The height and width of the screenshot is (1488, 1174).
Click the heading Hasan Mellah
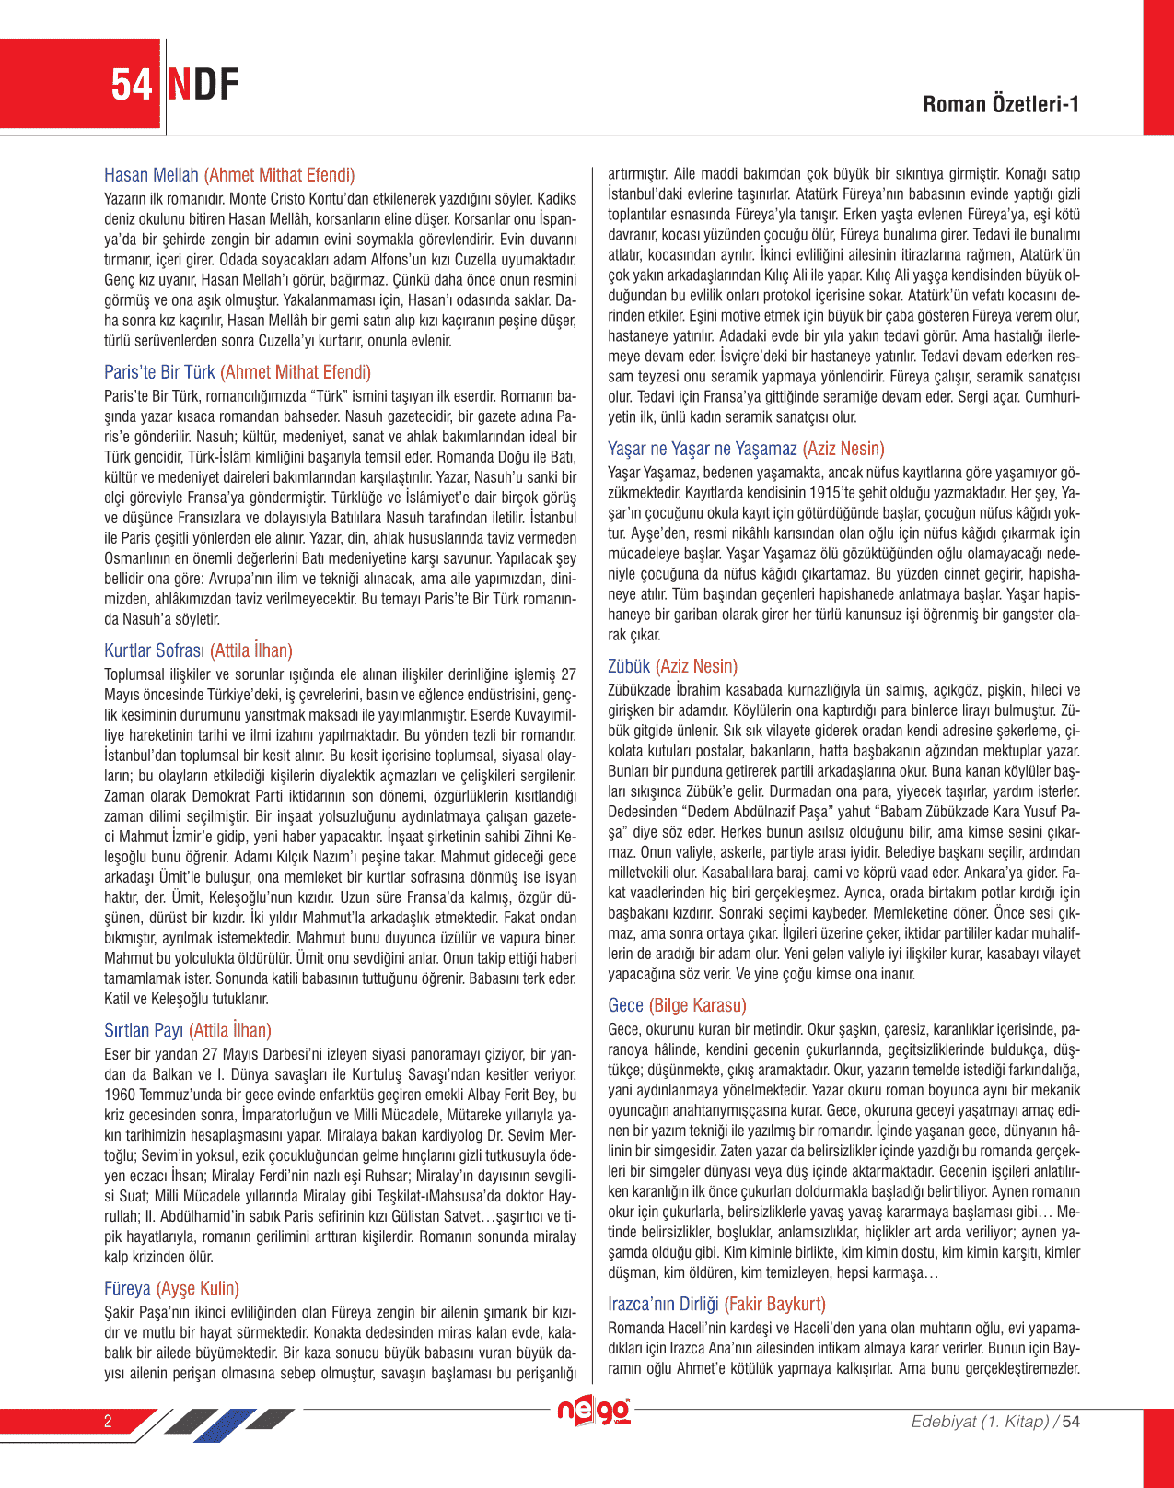151,175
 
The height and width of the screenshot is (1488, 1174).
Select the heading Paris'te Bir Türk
159,372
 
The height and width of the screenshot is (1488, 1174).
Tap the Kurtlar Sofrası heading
155,650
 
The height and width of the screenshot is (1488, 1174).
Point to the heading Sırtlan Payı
144,1030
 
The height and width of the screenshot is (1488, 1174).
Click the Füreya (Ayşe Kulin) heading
171,1288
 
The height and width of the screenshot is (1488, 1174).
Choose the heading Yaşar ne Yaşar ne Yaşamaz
702,449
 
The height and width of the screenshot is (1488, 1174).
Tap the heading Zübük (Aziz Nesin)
672,666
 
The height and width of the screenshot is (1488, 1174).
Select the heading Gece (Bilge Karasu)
677,1005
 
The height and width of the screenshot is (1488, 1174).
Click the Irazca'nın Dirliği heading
663,1304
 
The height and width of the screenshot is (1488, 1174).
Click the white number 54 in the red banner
132,85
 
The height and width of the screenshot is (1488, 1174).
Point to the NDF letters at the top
203,85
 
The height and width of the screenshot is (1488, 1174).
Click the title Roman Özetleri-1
1001,104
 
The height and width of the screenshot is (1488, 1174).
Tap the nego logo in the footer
594,1412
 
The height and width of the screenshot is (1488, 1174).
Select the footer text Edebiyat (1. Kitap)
980,1422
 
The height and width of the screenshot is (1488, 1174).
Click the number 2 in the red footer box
108,1421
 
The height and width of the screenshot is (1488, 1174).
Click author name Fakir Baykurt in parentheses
775,1304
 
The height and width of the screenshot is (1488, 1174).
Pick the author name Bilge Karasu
698,1005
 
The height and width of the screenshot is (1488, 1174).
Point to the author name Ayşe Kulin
198,1288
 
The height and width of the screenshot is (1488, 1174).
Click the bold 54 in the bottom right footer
1071,1422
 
